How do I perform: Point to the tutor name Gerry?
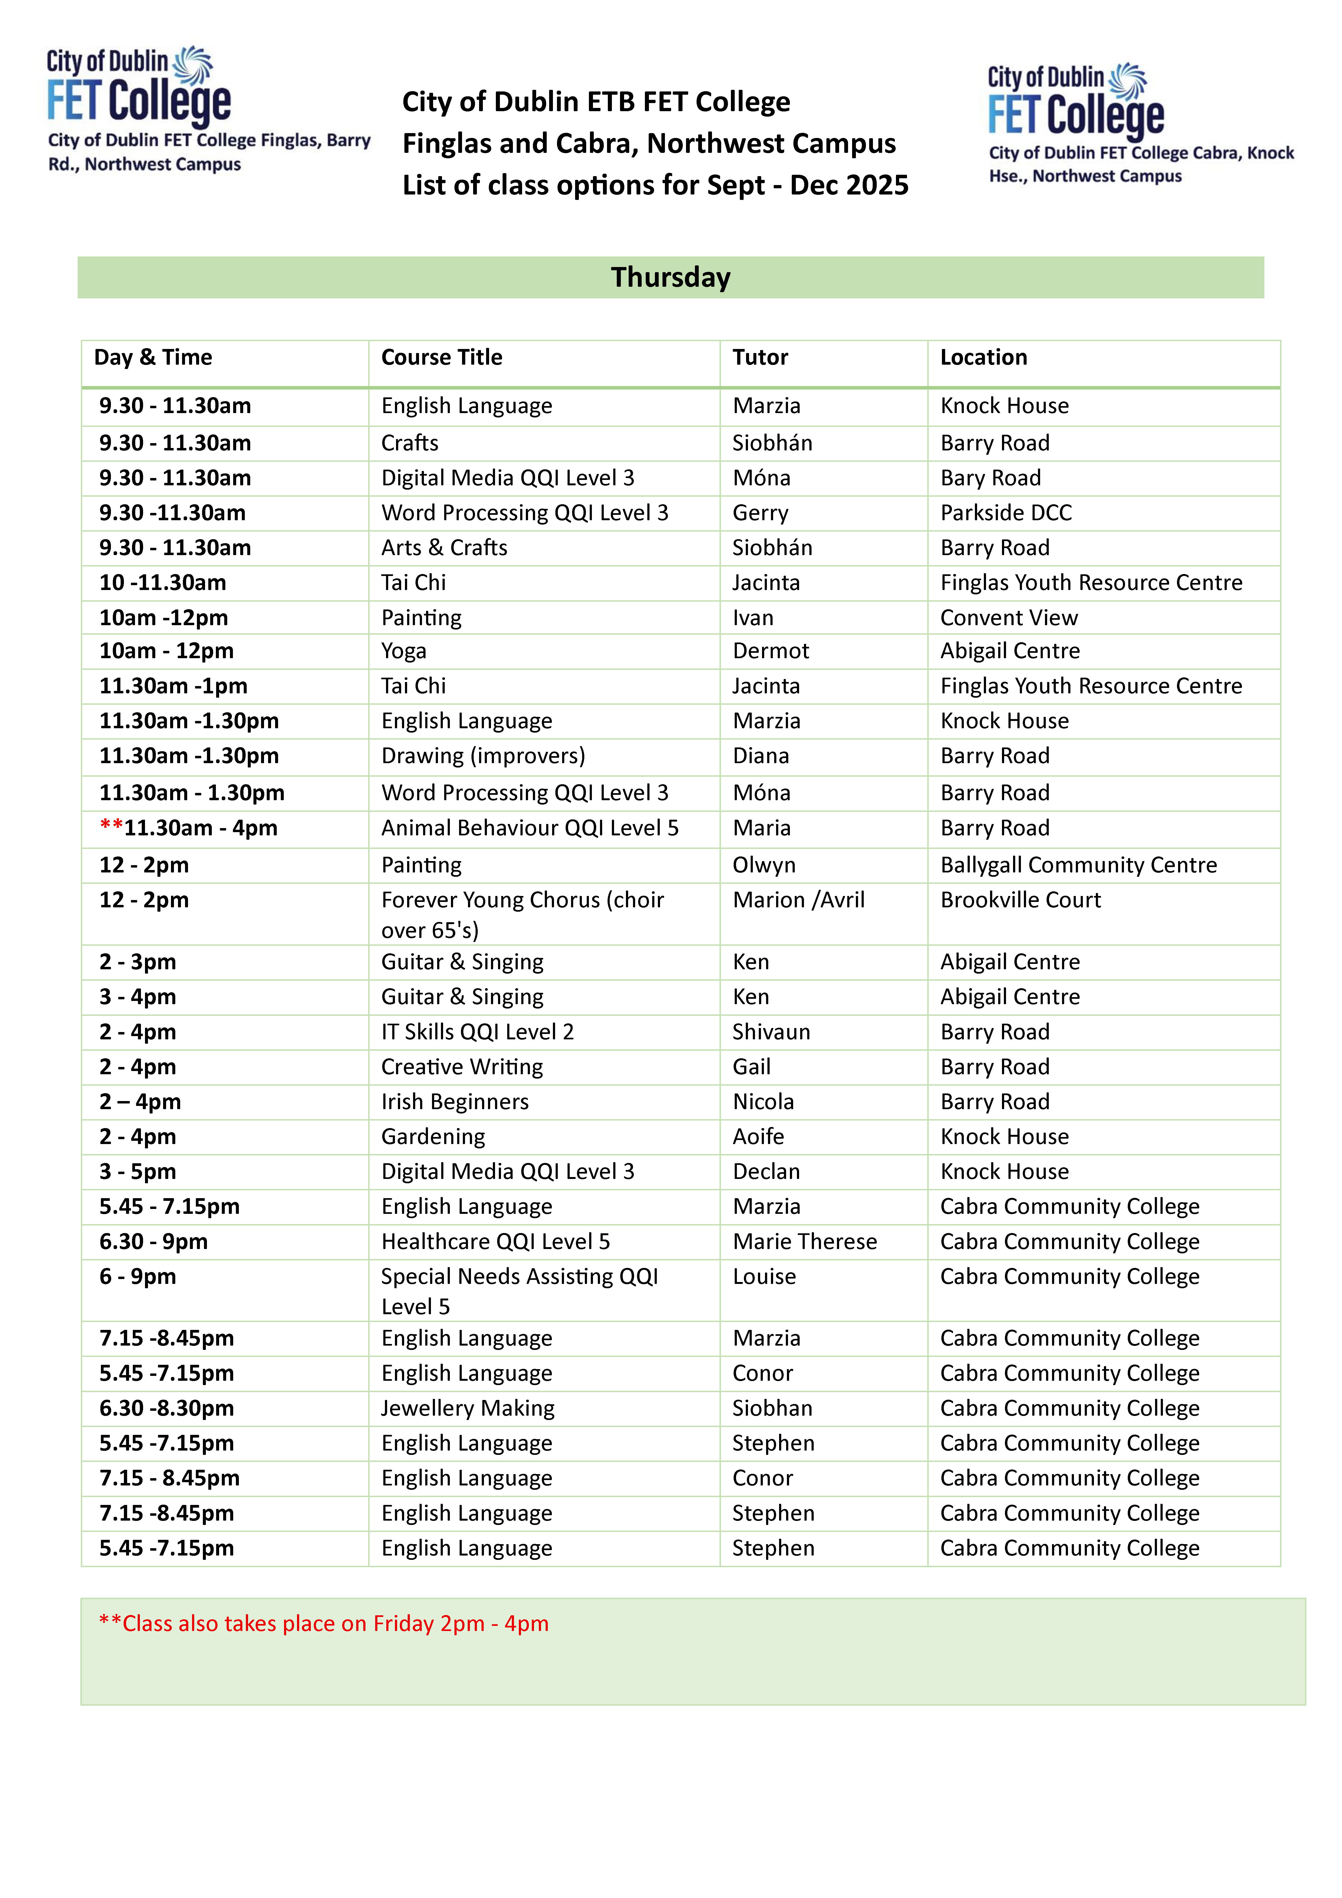pyautogui.click(x=760, y=513)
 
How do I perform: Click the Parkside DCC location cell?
pyautogui.click(x=1005, y=513)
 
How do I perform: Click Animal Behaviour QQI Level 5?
pyautogui.click(x=529, y=828)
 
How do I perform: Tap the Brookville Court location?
pyautogui.click(x=1020, y=900)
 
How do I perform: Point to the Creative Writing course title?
pyautogui.click(x=461, y=1067)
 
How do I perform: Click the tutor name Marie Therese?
pyautogui.click(x=804, y=1242)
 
